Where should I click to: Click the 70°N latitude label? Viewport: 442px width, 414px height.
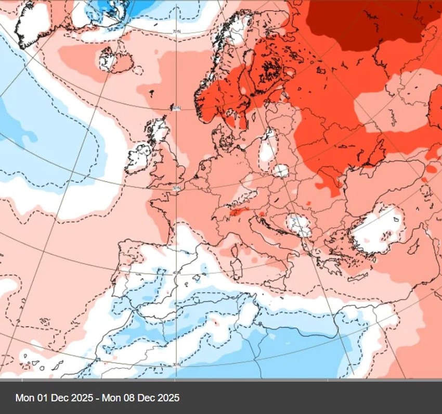(176, 32)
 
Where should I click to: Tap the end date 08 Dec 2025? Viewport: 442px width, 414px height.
(141, 398)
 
